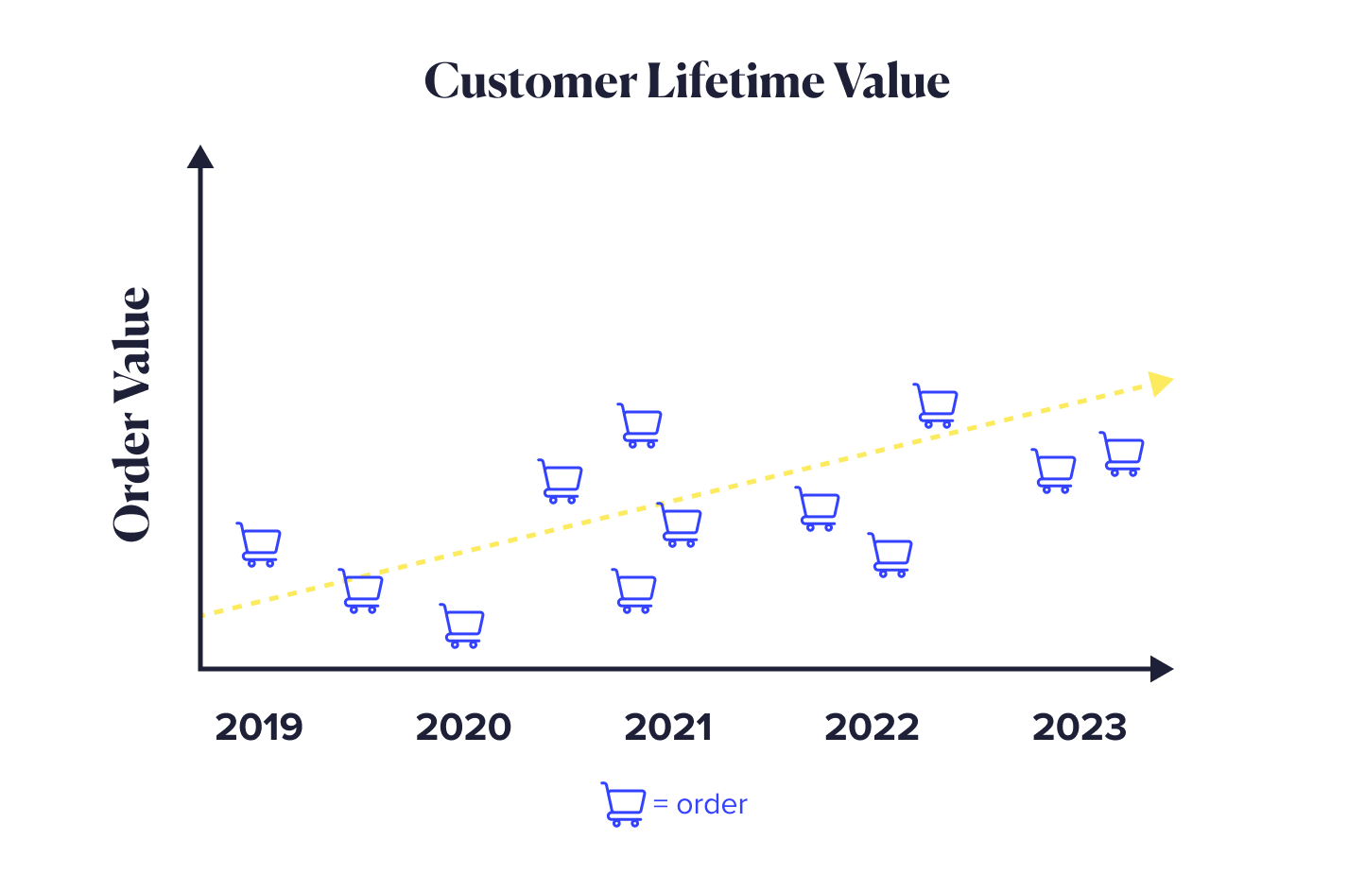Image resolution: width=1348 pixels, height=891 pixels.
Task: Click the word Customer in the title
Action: (x=530, y=81)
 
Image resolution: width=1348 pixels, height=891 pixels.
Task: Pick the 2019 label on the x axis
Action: (x=258, y=728)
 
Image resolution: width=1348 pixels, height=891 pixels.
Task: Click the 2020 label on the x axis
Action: (x=463, y=728)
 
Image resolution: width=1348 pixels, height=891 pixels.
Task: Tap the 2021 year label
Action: (x=667, y=728)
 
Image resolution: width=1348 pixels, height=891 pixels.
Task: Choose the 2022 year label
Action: (x=872, y=728)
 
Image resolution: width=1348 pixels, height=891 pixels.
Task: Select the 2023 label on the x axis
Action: (x=1079, y=728)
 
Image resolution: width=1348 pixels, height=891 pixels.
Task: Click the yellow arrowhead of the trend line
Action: (x=1159, y=383)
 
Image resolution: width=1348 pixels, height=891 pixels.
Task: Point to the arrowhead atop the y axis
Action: (x=200, y=157)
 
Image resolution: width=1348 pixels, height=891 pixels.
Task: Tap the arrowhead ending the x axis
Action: (x=1161, y=669)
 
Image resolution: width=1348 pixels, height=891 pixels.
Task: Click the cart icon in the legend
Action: (x=623, y=804)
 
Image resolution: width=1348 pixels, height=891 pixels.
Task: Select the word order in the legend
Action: (x=712, y=805)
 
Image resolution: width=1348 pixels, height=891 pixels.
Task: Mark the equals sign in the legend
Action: (x=661, y=805)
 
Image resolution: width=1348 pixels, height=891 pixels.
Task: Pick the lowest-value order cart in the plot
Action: (x=462, y=625)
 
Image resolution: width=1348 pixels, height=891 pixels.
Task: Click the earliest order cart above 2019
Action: (x=259, y=544)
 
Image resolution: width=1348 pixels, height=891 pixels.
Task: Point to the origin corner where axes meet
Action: (x=200, y=668)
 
